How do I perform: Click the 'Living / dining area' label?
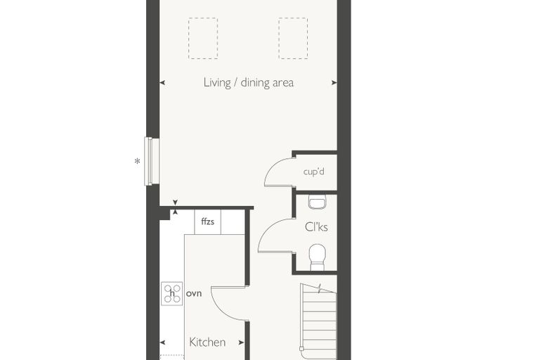249,83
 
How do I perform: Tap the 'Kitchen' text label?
207,342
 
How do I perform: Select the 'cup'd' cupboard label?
313,171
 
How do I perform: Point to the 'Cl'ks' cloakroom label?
316,226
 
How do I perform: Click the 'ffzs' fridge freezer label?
208,221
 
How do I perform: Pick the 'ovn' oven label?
194,293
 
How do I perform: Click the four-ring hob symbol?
172,293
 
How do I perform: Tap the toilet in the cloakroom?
318,257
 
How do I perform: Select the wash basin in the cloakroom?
318,202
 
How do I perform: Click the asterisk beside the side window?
137,161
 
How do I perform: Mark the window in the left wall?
148,161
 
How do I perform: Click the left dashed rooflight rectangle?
203,38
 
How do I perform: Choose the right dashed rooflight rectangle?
293,38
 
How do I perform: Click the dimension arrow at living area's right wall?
334,82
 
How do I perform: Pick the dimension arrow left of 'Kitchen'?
162,342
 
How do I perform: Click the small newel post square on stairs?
301,349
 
